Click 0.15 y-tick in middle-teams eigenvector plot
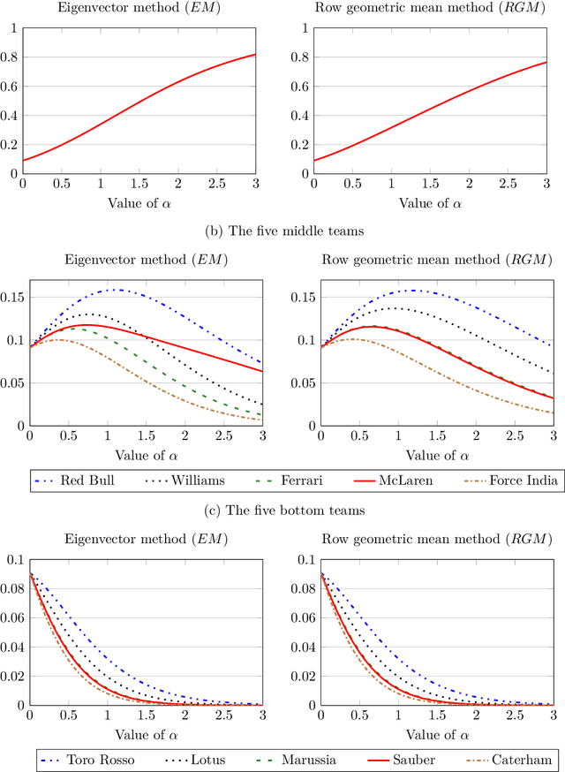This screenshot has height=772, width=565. point(12,298)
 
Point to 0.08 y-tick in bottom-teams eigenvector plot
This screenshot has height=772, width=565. point(12,588)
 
